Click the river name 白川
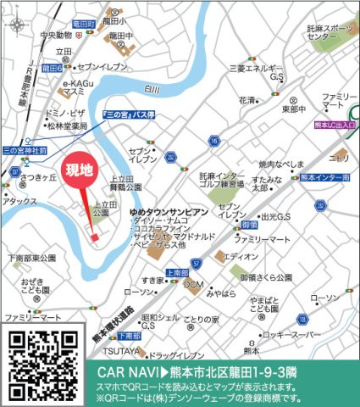152,87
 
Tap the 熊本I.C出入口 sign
336,125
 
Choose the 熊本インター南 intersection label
325,177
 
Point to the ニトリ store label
338,157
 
